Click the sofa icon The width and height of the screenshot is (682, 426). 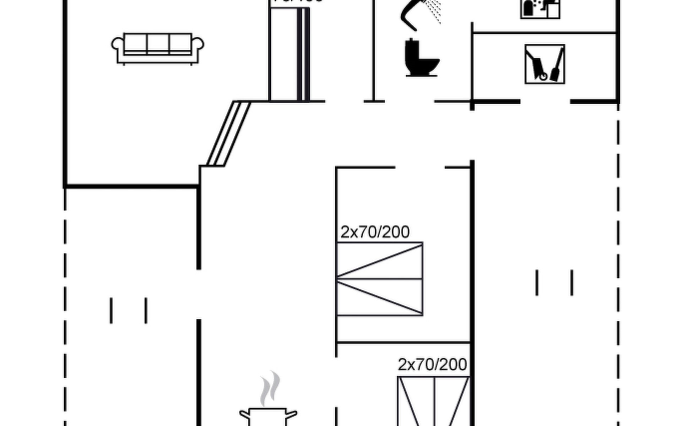pos(157,49)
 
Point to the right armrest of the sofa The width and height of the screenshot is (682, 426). pos(198,44)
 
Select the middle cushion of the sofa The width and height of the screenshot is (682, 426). pos(158,43)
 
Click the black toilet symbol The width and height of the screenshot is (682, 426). pos(421,58)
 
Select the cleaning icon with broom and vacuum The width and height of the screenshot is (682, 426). pos(545,64)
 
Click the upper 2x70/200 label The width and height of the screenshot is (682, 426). pos(375,232)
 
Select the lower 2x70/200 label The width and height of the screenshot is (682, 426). pos(432,365)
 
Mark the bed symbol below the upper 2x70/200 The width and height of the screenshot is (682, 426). pos(379,279)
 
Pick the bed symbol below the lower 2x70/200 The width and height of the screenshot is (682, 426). pos(434,401)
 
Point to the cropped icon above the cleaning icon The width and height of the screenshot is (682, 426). pos(540,9)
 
